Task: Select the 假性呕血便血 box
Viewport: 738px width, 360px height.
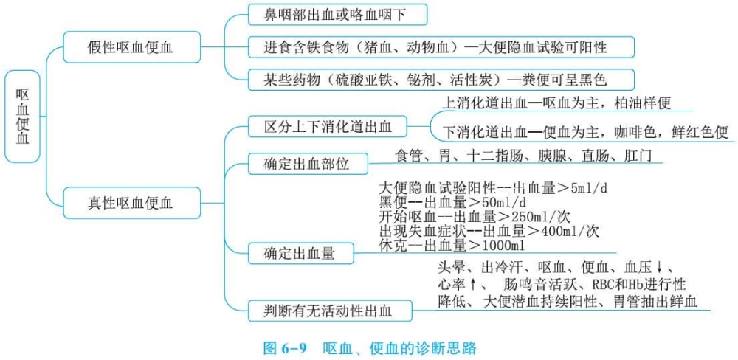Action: [131, 47]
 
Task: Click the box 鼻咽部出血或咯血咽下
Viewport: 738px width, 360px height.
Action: [336, 15]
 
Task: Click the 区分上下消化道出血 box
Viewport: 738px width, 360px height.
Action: [328, 127]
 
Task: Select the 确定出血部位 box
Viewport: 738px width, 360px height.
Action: [307, 164]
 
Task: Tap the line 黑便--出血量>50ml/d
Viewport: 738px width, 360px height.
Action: [452, 202]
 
